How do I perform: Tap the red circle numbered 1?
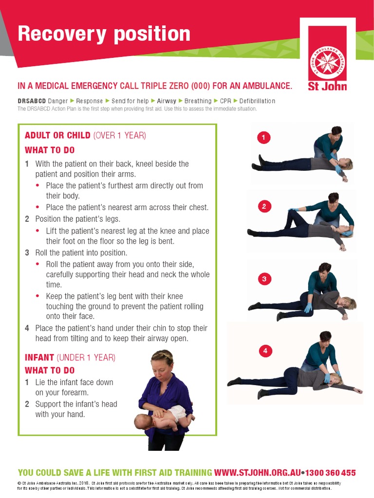pos(263,138)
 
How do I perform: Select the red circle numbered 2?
pos(264,207)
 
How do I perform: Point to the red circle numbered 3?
pos(264,279)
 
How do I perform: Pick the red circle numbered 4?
pos(265,351)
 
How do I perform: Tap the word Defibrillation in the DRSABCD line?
pos(257,101)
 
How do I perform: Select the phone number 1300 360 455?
pos(331,472)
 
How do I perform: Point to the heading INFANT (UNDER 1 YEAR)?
pos(70,357)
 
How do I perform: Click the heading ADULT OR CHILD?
pos(57,135)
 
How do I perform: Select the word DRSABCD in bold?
pos(32,101)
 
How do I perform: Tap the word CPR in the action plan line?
pos(225,101)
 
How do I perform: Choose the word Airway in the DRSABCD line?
pos(167,101)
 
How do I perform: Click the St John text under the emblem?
pos(327,87)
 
